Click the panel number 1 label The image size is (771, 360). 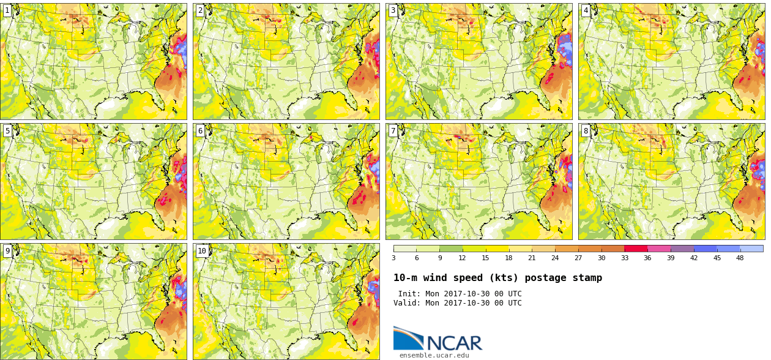coord(7,10)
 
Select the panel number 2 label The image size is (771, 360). coord(200,10)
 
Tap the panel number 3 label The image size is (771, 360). coord(393,10)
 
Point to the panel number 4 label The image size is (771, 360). coord(586,10)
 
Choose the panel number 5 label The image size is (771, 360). coord(7,131)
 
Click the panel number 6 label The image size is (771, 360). coord(200,131)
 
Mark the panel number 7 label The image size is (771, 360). coord(393,131)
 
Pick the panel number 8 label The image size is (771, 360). coord(586,131)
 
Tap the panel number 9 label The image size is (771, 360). coord(7,251)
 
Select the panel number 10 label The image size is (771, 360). coord(202,251)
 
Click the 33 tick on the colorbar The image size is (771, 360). coord(625,258)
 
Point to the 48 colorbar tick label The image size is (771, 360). coord(740,258)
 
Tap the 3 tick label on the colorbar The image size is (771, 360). coord(394,258)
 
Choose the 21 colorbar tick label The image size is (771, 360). coord(532,258)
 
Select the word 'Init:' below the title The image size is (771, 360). coord(409,294)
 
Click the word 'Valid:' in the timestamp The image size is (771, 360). coord(407,303)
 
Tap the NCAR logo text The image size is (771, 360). coord(455,342)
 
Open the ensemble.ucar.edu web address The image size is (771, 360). coord(434,355)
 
